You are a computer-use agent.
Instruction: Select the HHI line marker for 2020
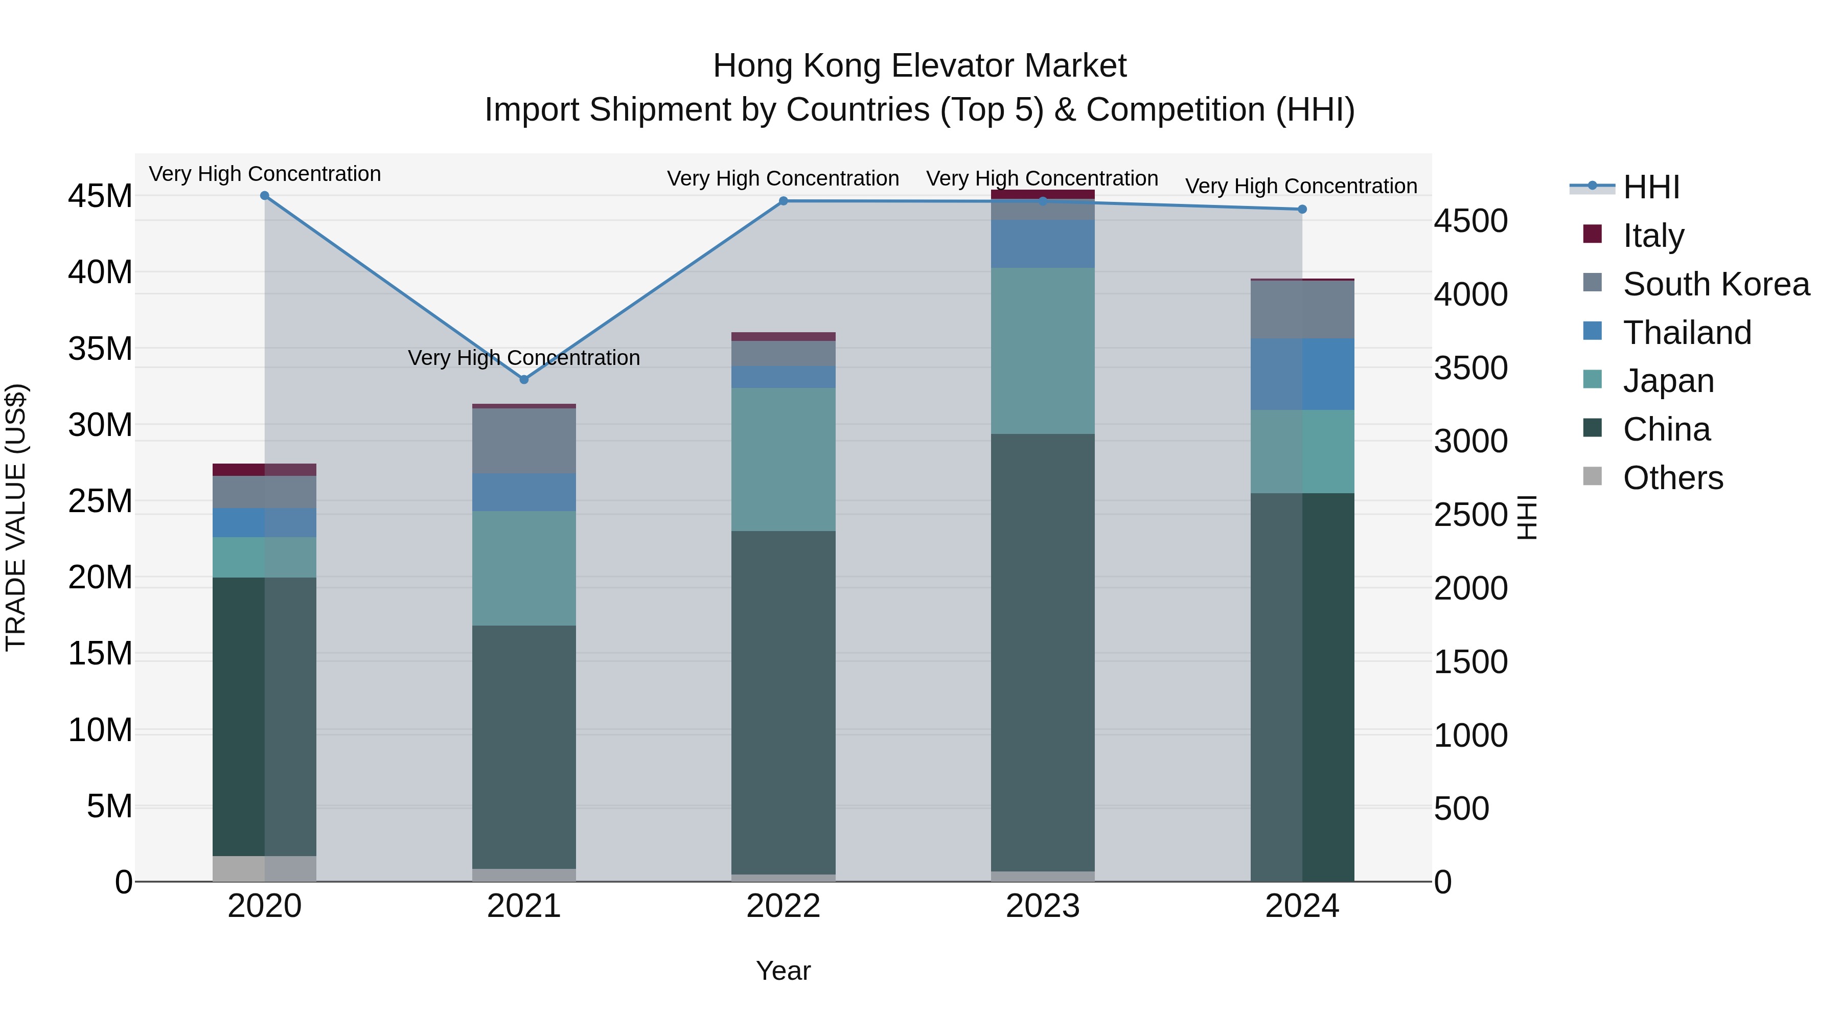click(264, 196)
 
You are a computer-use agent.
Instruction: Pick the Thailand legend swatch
click(1592, 331)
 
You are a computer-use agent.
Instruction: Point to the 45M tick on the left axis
click(100, 196)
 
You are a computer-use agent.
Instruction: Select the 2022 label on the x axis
click(783, 906)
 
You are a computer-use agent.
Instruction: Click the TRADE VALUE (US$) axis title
click(16, 517)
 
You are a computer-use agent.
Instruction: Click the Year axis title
click(783, 971)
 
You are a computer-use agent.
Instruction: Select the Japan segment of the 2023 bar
click(1042, 350)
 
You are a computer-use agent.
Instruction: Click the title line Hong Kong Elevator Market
click(919, 66)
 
